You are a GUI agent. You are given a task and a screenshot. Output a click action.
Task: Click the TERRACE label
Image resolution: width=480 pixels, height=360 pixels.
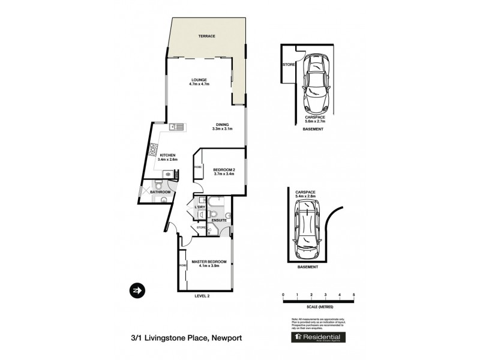click(x=206, y=36)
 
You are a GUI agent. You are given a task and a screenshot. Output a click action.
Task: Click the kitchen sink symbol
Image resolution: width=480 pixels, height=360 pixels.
click(x=176, y=126)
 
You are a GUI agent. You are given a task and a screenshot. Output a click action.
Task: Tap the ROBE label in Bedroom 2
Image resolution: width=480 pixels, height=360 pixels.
click(x=197, y=167)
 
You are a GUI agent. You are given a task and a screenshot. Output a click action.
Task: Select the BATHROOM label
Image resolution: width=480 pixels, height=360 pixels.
click(x=160, y=192)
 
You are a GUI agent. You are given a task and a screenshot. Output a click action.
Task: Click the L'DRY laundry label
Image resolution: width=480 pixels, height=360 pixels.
click(x=200, y=207)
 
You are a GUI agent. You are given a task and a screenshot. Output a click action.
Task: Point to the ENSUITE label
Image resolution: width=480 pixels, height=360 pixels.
click(x=219, y=220)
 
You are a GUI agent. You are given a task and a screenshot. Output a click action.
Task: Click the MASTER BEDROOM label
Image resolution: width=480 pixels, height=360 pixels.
click(x=209, y=262)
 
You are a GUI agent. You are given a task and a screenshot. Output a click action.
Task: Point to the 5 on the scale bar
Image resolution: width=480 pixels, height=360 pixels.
click(x=354, y=295)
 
